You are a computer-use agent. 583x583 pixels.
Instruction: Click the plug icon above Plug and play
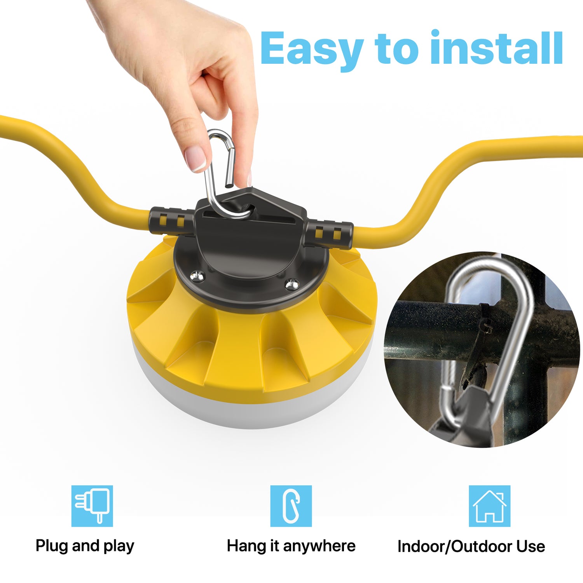pos(92,506)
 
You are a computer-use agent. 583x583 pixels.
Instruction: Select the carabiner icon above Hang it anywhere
pos(291,506)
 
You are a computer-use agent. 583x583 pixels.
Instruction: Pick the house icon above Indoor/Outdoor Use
pos(489,506)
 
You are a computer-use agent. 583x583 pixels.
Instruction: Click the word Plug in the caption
pos(52,546)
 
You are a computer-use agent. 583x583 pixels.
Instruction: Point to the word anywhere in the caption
pos(319,546)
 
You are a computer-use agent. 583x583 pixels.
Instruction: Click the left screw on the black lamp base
pos(197,276)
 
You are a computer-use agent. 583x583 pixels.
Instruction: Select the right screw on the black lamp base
pos(292,285)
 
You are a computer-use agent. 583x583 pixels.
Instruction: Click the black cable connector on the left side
pos(171,221)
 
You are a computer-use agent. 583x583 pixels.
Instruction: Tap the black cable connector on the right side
pos(329,234)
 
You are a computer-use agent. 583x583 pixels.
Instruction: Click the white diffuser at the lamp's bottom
pos(249,408)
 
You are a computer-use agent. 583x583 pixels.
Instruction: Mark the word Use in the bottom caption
pos(531,546)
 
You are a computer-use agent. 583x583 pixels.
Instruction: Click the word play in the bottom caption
pos(119,546)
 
